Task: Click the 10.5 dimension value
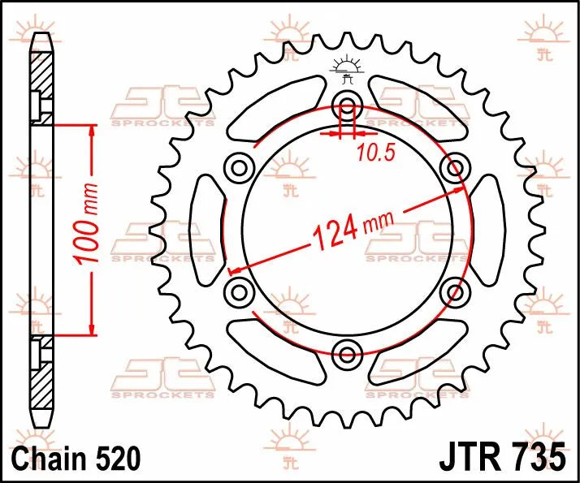coord(370,152)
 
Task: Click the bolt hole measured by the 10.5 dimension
coord(348,105)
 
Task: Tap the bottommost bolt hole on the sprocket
coord(348,352)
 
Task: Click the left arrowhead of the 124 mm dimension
coord(235,270)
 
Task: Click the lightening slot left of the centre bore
coord(207,229)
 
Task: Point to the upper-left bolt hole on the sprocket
coord(240,168)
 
